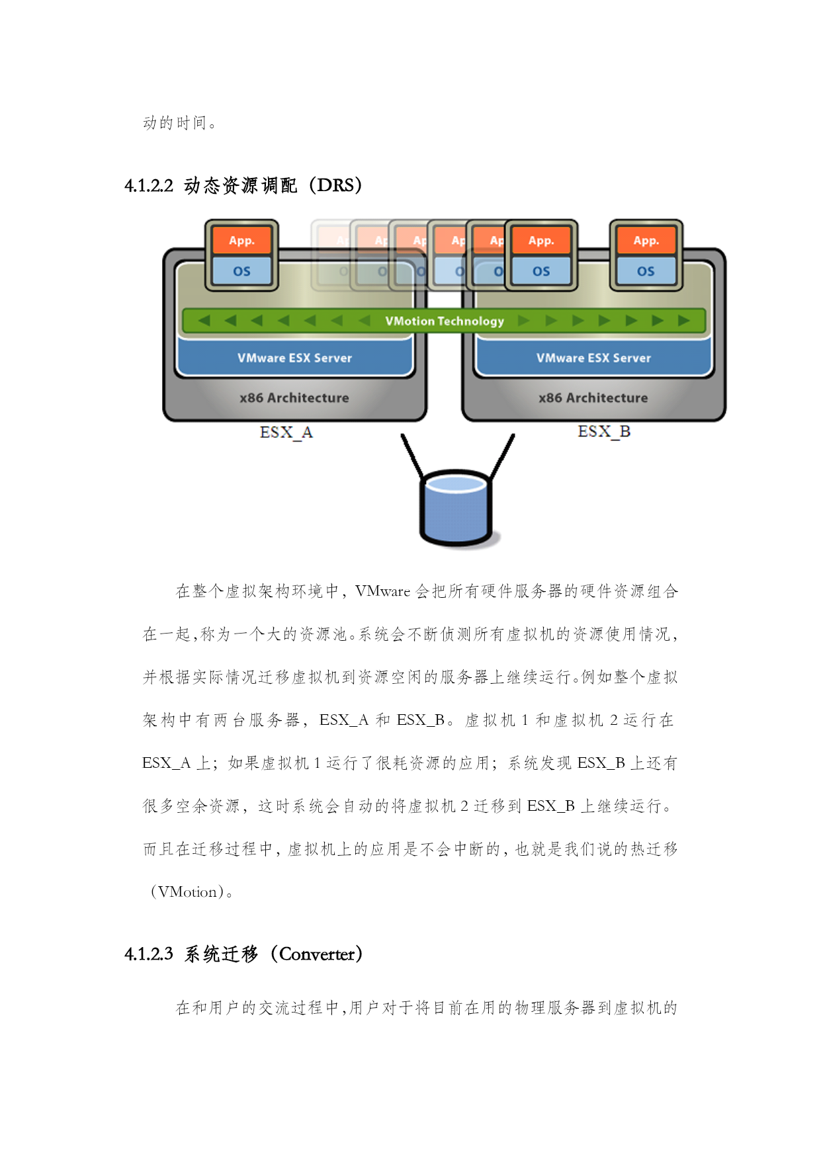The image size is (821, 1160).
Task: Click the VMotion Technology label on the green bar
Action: (445, 321)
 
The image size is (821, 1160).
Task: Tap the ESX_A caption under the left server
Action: (286, 433)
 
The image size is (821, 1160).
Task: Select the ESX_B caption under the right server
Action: (604, 432)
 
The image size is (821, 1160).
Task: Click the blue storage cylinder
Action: (456, 507)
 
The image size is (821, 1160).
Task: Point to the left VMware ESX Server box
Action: (295, 358)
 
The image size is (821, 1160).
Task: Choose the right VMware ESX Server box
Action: (593, 358)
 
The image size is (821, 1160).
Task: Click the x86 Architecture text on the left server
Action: (294, 397)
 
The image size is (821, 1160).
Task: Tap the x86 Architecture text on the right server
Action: (593, 397)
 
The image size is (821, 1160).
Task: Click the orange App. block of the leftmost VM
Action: (241, 240)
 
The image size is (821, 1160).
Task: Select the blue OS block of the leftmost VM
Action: (241, 270)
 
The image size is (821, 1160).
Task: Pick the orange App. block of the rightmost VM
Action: (646, 240)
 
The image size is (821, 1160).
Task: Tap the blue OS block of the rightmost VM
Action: (646, 270)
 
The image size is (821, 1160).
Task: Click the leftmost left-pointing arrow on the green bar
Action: (204, 321)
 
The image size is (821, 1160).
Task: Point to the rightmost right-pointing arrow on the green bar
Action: (684, 321)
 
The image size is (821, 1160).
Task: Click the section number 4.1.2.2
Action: (149, 186)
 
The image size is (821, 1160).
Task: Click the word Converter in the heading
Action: (317, 954)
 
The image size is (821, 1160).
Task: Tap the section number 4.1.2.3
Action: (149, 954)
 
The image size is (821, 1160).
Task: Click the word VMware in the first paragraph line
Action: (382, 591)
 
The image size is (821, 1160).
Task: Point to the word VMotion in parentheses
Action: (188, 892)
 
